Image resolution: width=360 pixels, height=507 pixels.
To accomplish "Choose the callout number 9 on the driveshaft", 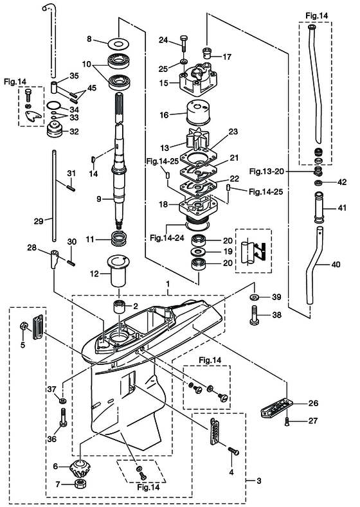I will tap(100, 199).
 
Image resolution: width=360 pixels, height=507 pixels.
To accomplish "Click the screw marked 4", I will tap(231, 450).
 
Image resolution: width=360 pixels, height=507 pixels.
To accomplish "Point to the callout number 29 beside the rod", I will tap(38, 220).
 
